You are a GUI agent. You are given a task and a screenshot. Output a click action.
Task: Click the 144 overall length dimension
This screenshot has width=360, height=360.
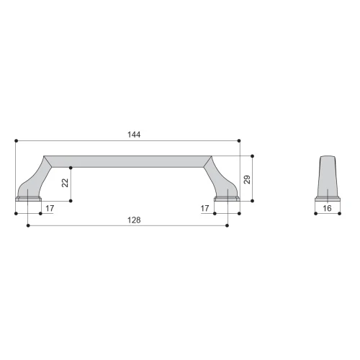pyautogui.click(x=134, y=135)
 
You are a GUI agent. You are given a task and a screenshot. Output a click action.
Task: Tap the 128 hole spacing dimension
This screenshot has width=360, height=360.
pyautogui.click(x=134, y=220)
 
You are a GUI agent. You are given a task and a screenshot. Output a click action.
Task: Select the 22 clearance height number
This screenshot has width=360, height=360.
pyautogui.click(x=65, y=183)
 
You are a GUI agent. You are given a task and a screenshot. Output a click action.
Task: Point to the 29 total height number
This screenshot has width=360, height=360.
pyautogui.click(x=247, y=179)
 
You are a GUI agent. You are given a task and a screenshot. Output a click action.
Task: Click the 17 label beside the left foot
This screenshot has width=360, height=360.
pyautogui.click(x=50, y=208)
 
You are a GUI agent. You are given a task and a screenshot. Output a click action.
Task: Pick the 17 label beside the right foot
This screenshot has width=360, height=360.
pyautogui.click(x=204, y=208)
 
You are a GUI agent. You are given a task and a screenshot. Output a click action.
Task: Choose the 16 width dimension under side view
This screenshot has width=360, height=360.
pyautogui.click(x=327, y=208)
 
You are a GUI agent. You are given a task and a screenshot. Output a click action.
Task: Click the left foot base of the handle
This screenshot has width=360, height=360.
pyautogui.click(x=28, y=199)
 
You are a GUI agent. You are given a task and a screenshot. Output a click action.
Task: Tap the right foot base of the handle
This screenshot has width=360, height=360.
pyautogui.click(x=227, y=199)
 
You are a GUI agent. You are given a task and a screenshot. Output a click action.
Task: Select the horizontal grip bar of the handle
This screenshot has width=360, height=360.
pyautogui.click(x=127, y=161)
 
